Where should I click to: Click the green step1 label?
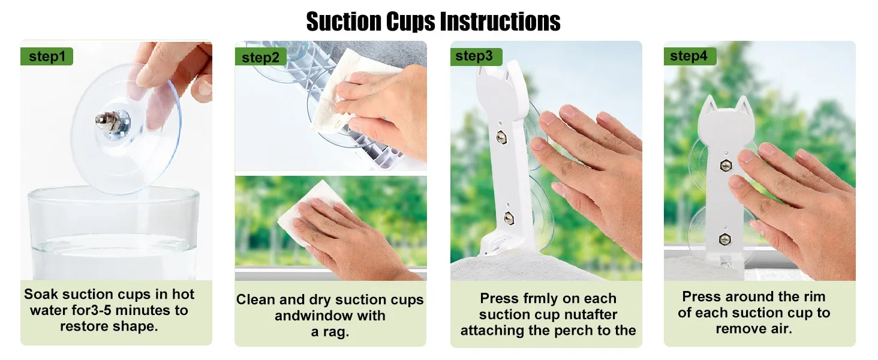47,56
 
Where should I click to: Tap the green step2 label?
261,58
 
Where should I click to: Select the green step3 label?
476,56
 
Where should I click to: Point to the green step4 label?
690,56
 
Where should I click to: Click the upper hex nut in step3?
501,137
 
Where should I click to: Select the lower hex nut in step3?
509,218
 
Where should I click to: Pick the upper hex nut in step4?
726,166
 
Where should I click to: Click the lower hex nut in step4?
725,238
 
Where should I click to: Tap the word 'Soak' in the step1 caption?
41,294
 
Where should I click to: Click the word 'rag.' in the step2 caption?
330,332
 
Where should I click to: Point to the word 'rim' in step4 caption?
813,296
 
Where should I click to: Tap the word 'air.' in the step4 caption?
777,329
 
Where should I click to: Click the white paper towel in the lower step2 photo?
309,213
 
